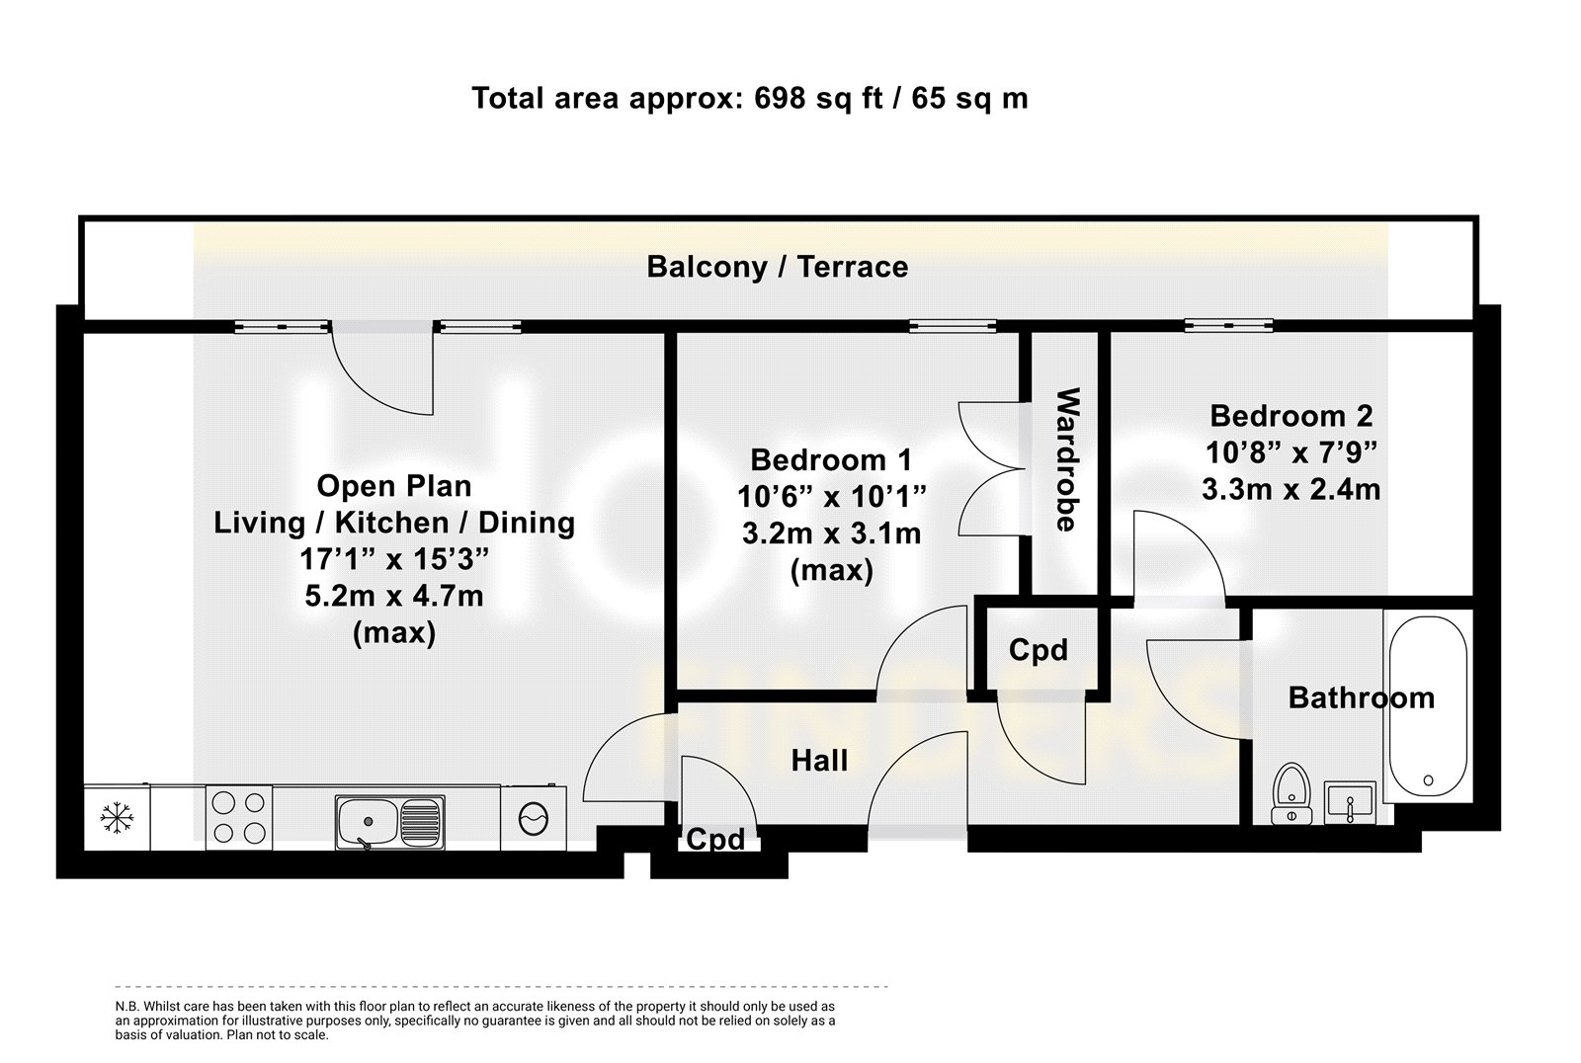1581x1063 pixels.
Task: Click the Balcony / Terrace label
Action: tap(777, 267)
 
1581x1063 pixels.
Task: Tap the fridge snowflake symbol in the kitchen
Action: tap(117, 818)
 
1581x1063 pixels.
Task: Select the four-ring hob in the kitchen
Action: tap(239, 818)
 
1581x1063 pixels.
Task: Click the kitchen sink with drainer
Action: tap(389, 822)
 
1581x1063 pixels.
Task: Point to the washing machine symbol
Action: tap(533, 819)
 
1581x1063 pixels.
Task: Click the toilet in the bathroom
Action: tap(1290, 793)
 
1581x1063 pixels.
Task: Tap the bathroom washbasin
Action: tap(1350, 802)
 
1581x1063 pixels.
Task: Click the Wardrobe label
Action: tap(1067, 458)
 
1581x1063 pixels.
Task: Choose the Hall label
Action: tap(819, 761)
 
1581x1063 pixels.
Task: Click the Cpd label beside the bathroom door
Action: tap(1038, 650)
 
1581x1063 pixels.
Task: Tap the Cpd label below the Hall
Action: tap(715, 840)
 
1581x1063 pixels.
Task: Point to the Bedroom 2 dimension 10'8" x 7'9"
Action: tap(1290, 452)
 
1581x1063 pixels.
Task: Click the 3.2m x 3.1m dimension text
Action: tap(831, 533)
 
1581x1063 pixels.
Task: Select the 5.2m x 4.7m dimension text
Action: tap(394, 597)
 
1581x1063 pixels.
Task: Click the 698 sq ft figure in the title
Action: tap(818, 98)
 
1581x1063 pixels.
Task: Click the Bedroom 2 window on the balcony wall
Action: tap(1228, 326)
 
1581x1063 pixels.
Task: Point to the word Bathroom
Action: tap(1362, 698)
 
